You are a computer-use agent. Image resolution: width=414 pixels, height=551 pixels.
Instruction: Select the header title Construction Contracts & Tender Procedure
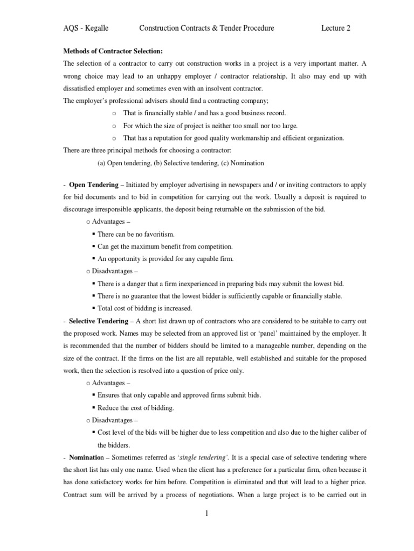tap(206, 29)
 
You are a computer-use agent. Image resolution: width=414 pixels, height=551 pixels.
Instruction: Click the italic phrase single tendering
tap(202, 457)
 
